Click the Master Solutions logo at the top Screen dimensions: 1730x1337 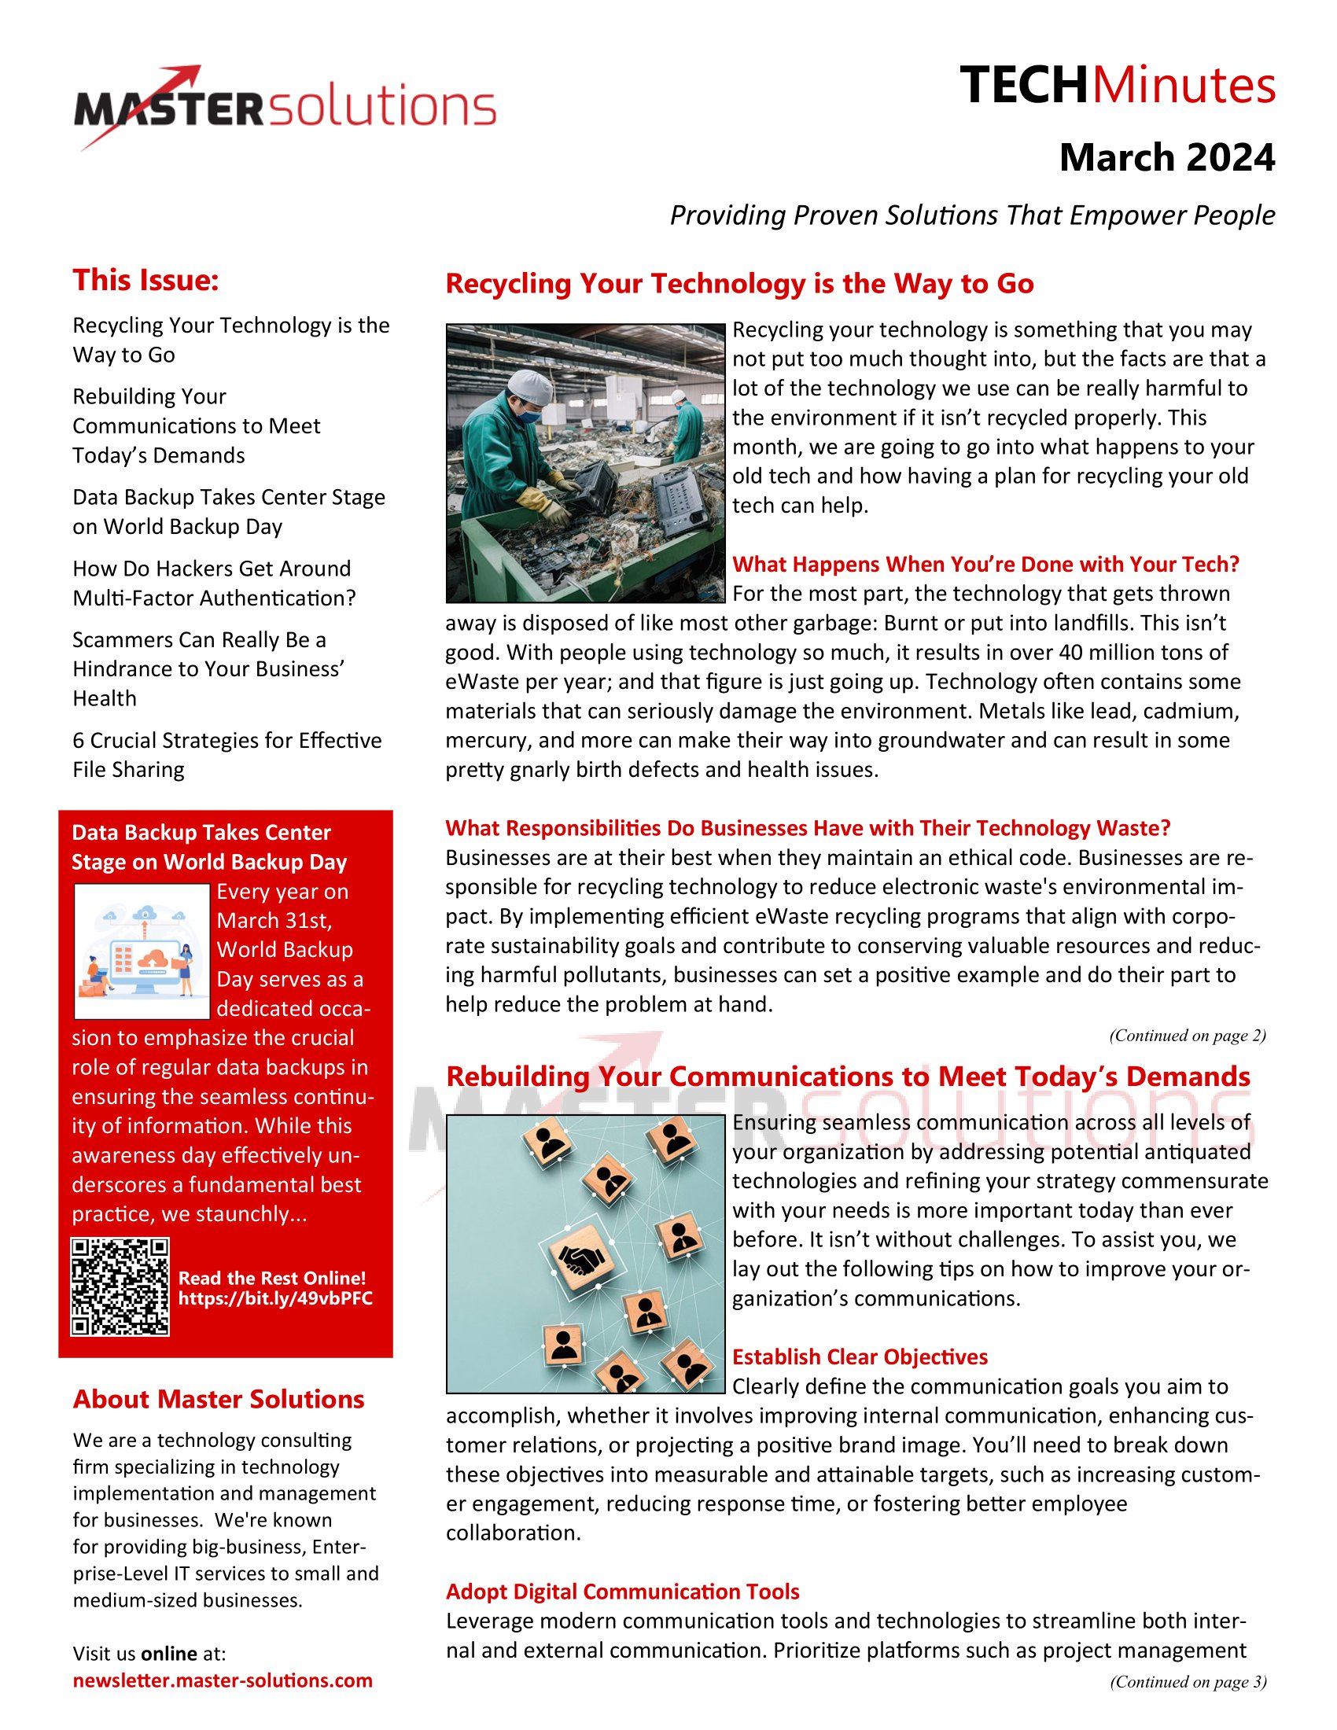285,107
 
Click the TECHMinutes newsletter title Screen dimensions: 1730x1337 1117,86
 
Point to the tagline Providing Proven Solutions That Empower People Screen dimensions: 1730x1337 972,215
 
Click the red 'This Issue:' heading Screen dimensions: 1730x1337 145,281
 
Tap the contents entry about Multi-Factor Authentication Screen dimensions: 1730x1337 214,583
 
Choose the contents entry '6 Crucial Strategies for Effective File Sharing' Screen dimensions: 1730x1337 227,755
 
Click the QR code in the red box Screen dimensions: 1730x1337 120,1287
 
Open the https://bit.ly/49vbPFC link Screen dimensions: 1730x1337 274,1298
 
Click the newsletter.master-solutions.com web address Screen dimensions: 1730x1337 223,1680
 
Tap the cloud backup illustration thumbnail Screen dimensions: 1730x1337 142,951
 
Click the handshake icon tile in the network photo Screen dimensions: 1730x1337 582,1256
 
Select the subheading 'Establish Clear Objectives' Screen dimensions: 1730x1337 860,1357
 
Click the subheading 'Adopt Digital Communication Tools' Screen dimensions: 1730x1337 623,1592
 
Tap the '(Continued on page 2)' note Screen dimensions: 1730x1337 1188,1036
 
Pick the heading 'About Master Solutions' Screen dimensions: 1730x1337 219,1399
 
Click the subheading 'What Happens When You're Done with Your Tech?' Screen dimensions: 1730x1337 985,564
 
